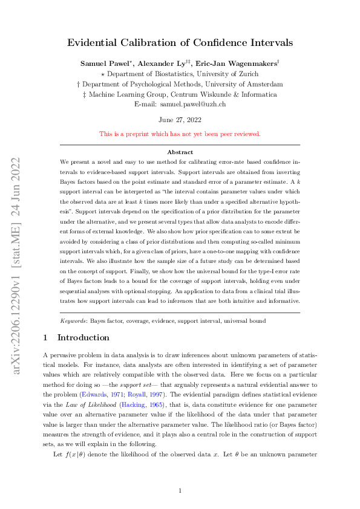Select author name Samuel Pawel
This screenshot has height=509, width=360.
coord(105,63)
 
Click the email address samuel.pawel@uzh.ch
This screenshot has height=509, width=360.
coord(193,104)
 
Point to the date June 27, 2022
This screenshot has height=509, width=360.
coord(180,119)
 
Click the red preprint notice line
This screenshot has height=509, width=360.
coord(180,134)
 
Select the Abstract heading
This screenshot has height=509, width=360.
coord(180,152)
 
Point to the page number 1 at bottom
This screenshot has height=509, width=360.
coord(180,473)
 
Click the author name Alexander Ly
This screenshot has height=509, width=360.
coord(166,63)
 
